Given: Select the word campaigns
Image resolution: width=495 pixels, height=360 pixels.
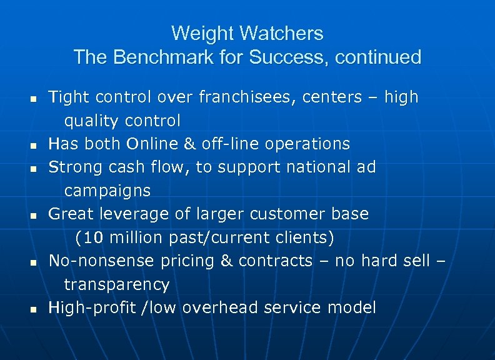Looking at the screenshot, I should (x=107, y=191).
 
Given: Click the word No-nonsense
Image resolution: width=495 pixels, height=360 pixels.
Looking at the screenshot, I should (x=102, y=261).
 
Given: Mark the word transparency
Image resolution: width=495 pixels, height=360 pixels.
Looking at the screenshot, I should (x=116, y=284).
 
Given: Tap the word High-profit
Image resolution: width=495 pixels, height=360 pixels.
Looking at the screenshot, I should (x=90, y=307).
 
